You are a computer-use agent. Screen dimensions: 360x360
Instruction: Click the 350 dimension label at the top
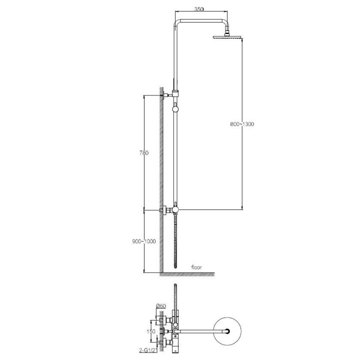(x=199, y=9)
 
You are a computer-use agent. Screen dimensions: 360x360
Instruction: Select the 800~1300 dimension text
(x=242, y=124)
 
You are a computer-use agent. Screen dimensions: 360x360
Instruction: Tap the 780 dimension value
(x=144, y=152)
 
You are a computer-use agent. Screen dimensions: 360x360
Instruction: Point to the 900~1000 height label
(x=144, y=241)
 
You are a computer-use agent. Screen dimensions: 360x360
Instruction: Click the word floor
(x=196, y=267)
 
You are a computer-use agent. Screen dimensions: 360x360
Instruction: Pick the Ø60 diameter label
(x=160, y=306)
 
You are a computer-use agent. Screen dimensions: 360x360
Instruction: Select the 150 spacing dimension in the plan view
(x=151, y=331)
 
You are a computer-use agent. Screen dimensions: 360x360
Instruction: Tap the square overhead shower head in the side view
(x=227, y=36)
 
